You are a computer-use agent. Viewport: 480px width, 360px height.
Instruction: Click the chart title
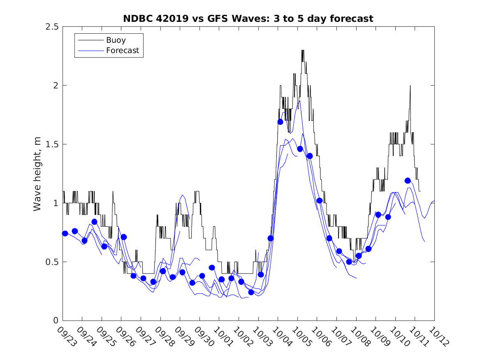point(248,19)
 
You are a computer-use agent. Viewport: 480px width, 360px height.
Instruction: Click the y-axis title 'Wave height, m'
point(38,173)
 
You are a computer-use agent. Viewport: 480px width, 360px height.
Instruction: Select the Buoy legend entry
point(116,40)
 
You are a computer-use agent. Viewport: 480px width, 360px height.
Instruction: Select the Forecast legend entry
point(123,51)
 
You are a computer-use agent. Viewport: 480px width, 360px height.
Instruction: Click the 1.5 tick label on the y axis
point(53,144)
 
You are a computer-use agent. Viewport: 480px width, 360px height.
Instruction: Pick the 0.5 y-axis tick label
point(53,262)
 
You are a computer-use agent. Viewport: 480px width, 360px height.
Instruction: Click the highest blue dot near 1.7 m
point(281,122)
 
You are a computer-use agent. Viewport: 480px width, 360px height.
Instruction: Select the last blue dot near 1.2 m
point(408,181)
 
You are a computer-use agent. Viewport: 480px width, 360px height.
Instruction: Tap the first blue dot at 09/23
point(65,233)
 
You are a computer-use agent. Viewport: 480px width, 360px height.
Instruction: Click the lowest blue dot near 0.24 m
point(251,292)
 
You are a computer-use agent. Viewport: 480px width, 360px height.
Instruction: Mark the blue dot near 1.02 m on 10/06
point(320,201)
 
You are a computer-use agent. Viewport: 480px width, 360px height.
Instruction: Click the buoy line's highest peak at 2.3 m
point(303,51)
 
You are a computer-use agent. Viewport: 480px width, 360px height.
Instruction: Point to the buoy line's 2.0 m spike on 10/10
point(410,86)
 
